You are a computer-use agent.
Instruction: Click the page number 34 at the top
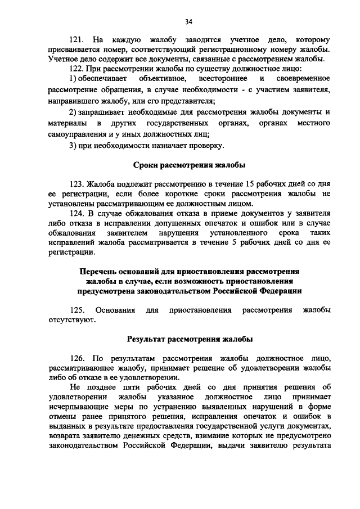[188, 21]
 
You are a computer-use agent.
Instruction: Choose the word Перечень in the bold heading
[100, 271]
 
